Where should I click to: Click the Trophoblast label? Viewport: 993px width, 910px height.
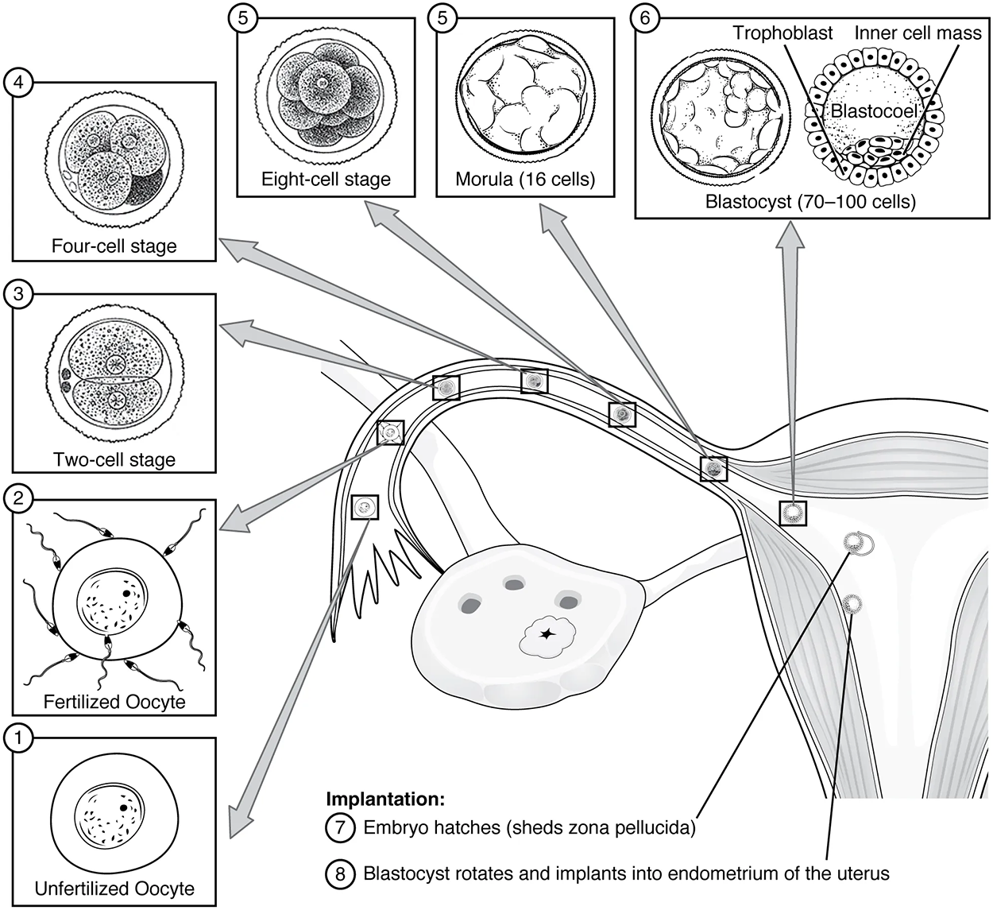coord(782,33)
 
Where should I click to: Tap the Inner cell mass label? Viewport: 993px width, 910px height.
coord(918,33)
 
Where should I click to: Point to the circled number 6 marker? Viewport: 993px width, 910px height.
coord(646,18)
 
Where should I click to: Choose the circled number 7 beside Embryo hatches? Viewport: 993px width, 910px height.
coord(339,827)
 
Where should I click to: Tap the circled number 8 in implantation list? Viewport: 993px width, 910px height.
coord(339,873)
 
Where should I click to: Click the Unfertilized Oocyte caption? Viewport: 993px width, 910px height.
coord(114,888)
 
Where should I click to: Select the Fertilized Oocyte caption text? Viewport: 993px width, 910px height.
coord(114,702)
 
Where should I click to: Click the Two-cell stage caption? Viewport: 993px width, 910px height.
coord(114,459)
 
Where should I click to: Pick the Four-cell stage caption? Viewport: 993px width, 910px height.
coord(114,246)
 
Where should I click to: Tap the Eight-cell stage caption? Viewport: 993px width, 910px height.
coord(326,179)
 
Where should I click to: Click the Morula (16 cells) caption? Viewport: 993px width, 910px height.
coord(525,179)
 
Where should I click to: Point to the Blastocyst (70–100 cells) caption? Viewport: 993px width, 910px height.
coord(810,202)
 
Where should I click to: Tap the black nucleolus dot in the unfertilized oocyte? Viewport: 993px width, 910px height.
coord(125,807)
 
